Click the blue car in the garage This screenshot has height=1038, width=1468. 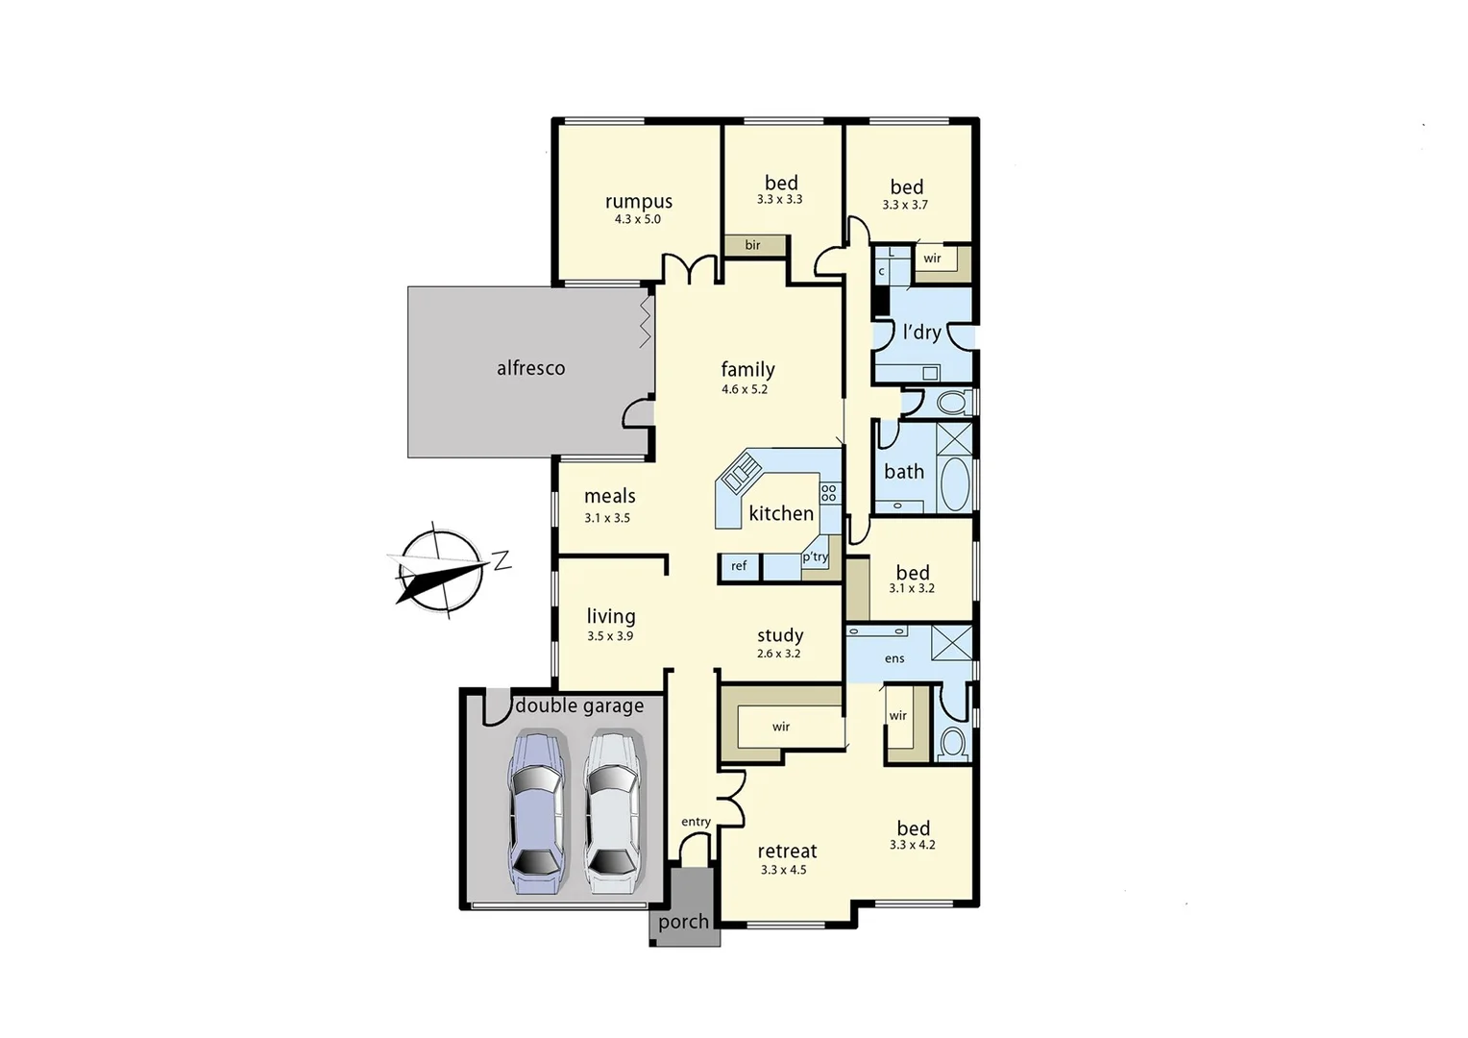click(535, 813)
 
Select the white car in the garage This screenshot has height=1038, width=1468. click(612, 813)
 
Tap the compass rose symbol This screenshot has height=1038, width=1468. click(440, 570)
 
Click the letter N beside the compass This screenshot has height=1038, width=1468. click(502, 560)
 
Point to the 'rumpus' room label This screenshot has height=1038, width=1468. click(638, 202)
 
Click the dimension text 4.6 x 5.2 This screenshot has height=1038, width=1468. click(745, 389)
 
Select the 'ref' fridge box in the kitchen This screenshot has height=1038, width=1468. click(739, 566)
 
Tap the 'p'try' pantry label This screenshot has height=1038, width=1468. click(815, 556)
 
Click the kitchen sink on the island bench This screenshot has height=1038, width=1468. click(741, 473)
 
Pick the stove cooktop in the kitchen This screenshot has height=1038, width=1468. click(829, 494)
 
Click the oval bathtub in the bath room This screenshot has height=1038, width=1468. click(954, 483)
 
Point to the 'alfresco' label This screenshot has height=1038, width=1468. click(530, 368)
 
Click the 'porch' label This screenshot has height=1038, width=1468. click(683, 922)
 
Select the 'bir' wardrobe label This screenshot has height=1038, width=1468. click(752, 245)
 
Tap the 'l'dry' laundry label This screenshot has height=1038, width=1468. click(921, 333)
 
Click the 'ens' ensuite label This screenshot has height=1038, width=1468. click(894, 658)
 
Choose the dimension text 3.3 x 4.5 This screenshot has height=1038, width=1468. click(783, 870)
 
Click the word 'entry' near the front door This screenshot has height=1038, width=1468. click(696, 822)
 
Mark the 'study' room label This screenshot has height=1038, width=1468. click(779, 635)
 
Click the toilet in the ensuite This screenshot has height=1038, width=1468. click(952, 742)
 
